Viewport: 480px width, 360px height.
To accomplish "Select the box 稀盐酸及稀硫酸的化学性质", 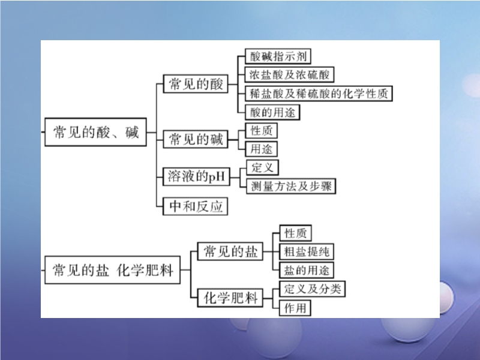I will tap(319, 93).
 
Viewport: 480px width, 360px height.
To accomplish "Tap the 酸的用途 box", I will tap(272, 112).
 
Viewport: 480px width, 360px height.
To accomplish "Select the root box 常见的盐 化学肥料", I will tap(113, 271).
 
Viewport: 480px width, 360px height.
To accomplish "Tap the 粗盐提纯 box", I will tap(307, 251).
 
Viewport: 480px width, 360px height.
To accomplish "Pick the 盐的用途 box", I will tap(307, 269).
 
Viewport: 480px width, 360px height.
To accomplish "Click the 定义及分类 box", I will tap(313, 289).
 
